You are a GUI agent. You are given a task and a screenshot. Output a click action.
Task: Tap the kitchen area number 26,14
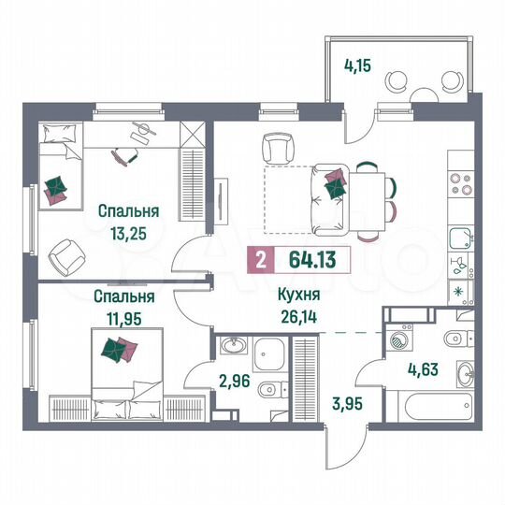(297, 316)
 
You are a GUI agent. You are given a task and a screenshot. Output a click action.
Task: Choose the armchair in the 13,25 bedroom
(67, 255)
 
